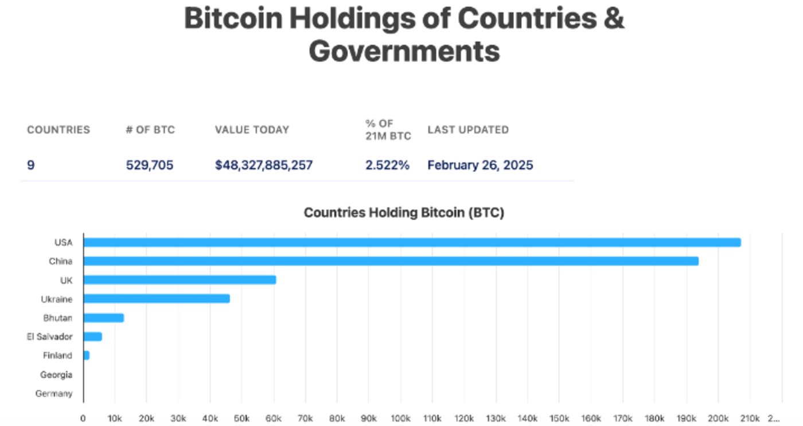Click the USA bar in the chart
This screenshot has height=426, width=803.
412,243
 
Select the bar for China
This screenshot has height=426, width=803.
391,261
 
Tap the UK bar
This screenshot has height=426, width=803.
180,280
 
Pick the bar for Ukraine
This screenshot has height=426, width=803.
157,299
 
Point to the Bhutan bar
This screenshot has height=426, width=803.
104,318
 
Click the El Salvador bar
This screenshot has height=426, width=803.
93,337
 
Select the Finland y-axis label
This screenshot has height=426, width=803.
57,355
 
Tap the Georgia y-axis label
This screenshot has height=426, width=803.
56,375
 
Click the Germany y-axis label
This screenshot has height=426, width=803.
54,394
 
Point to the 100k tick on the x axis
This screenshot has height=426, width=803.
400,417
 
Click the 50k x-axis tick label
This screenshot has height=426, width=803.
241,417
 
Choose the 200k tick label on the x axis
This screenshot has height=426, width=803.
718,417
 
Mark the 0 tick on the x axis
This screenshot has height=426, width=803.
83,417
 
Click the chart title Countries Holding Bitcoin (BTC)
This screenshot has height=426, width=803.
404,213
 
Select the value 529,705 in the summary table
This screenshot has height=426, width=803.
149,166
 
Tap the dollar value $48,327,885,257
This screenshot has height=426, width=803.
264,166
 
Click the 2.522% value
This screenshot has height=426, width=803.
387,166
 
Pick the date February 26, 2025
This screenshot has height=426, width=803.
480,166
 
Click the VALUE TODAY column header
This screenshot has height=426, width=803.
252,130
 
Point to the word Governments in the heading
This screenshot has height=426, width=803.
404,51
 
